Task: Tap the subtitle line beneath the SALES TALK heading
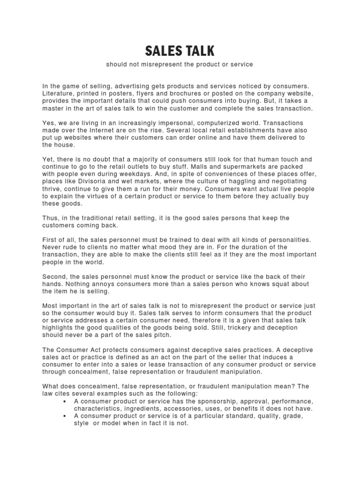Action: (x=180, y=64)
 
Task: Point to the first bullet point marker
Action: (x=63, y=402)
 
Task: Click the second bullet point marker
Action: (x=63, y=416)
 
